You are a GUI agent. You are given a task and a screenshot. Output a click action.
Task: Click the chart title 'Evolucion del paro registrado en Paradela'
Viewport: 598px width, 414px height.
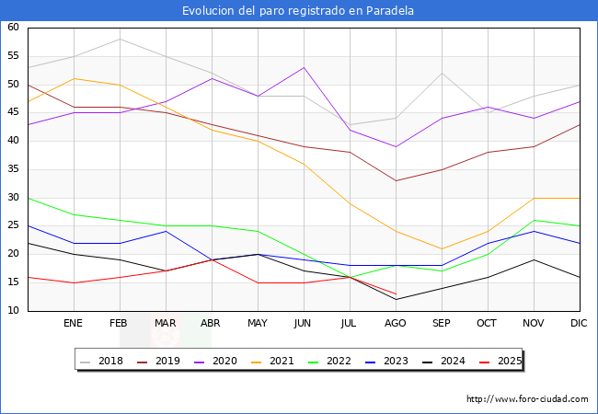pyautogui.click(x=298, y=11)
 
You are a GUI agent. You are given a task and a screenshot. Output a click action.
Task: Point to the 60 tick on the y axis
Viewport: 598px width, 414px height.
pyautogui.click(x=14, y=28)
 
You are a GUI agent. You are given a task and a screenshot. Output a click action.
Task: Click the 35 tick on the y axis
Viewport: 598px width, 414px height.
pyautogui.click(x=14, y=169)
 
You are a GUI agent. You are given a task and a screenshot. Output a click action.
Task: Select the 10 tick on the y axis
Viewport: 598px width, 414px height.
pyautogui.click(x=14, y=311)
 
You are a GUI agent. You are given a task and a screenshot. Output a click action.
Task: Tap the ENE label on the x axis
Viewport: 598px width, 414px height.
pyautogui.click(x=74, y=324)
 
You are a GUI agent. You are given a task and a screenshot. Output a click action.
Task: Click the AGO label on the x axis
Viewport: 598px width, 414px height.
pyautogui.click(x=396, y=324)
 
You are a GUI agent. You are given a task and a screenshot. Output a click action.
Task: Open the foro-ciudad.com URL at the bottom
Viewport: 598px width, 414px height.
pyautogui.click(x=527, y=399)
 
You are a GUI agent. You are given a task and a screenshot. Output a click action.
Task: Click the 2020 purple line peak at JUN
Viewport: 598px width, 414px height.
pyautogui.click(x=304, y=67)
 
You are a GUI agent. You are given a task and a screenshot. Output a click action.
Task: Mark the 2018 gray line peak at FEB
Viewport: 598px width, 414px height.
pyautogui.click(x=120, y=39)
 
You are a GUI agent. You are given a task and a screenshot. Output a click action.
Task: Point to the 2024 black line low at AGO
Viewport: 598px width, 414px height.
pyautogui.click(x=396, y=299)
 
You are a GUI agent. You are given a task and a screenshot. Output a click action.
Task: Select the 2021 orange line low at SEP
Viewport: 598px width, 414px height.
pyautogui.click(x=442, y=248)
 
